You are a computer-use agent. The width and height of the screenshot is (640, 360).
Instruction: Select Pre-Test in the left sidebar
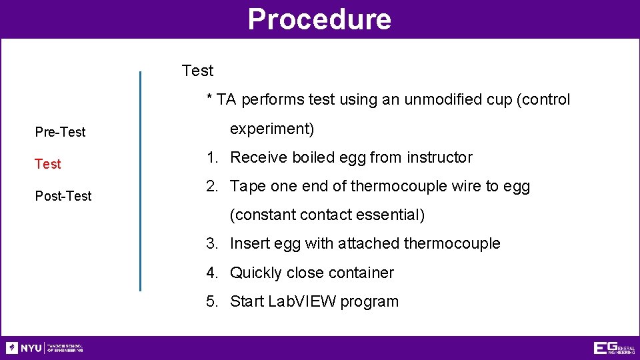(60, 132)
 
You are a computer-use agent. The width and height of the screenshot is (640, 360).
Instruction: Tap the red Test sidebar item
(47, 164)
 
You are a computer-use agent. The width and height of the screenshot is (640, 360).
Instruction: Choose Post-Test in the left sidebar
(63, 196)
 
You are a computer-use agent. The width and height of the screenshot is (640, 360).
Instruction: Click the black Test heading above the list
(197, 71)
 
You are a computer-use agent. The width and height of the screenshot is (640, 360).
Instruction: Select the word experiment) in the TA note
(272, 129)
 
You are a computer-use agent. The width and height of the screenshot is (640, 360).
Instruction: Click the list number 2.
(211, 187)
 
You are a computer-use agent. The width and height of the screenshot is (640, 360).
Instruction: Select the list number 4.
(211, 273)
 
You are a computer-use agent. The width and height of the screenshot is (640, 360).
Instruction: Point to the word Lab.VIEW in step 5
(301, 302)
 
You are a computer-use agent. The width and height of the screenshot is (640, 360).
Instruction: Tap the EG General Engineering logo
(613, 348)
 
